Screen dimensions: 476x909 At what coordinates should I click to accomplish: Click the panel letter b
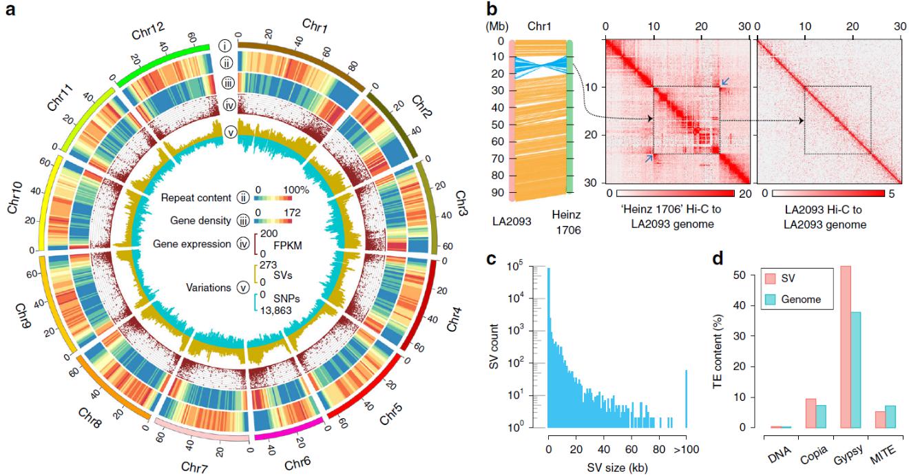pyautogui.click(x=492, y=10)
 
